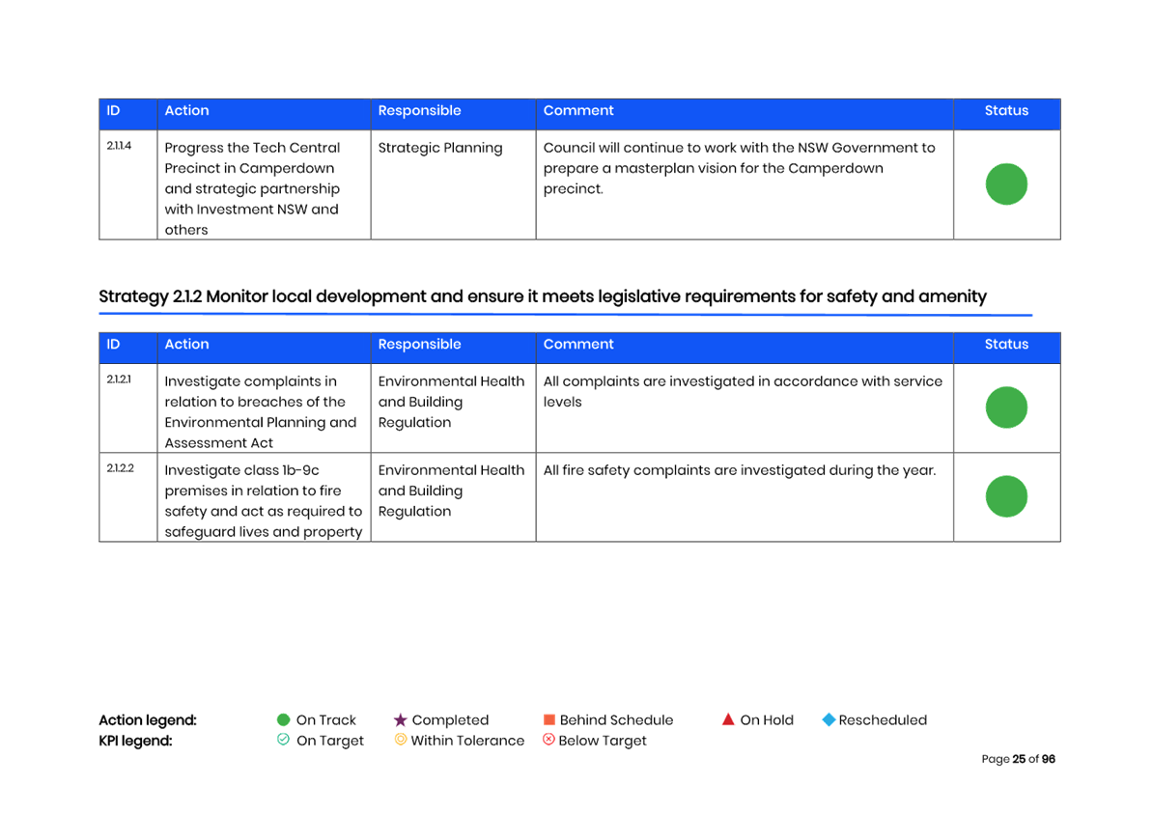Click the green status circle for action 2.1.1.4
[x=1006, y=184]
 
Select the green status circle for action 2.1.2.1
[x=1006, y=407]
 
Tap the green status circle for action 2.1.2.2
[x=1006, y=496]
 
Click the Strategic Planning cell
[x=440, y=148]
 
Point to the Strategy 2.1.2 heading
[x=543, y=296]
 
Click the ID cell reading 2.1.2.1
[x=119, y=379]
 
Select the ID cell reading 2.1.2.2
[x=120, y=468]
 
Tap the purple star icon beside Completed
[x=401, y=720]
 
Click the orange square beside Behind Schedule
[x=549, y=720]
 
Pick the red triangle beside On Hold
[x=728, y=719]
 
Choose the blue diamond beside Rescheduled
[x=829, y=720]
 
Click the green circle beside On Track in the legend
[x=284, y=720]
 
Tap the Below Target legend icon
[x=548, y=740]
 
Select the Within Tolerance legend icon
[x=400, y=740]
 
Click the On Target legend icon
[x=284, y=740]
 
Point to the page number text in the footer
[x=1018, y=759]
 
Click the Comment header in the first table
[x=578, y=111]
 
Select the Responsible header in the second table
[x=419, y=345]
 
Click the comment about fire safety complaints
[x=740, y=470]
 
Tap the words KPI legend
[x=136, y=741]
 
